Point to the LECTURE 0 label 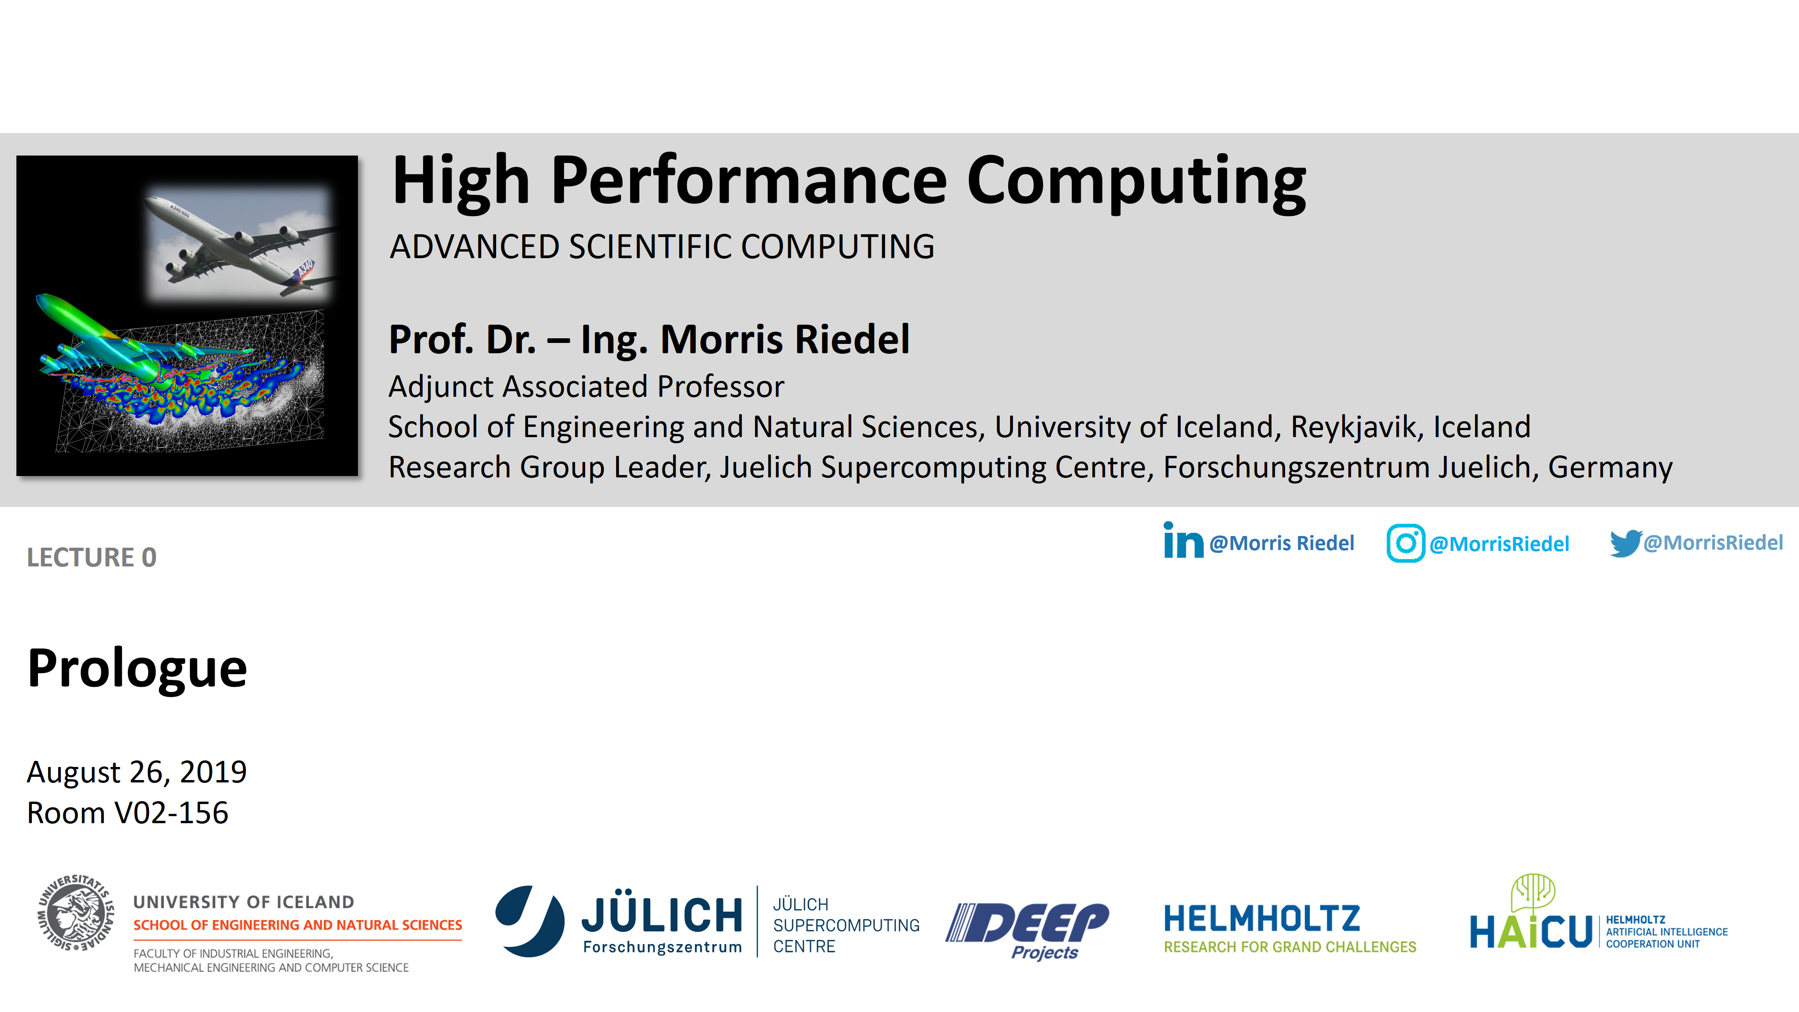pos(91,558)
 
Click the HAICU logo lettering pos(1531,932)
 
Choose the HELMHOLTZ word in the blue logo pos(1262,919)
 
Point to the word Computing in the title pos(1136,182)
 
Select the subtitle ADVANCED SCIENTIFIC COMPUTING pos(662,246)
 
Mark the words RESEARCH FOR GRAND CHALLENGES pos(1290,947)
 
